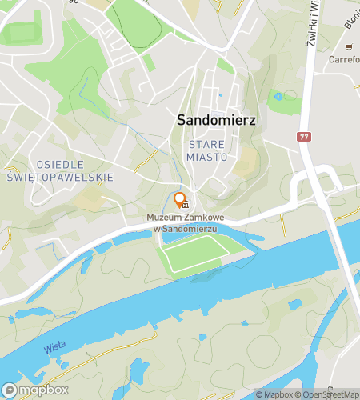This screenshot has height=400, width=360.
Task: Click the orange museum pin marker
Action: coord(180,200)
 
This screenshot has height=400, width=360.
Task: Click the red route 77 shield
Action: coord(303,137)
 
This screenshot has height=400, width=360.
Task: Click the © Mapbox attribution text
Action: coord(275,394)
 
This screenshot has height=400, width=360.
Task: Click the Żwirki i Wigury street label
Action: coord(314,23)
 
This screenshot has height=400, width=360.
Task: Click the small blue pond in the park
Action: coord(278,97)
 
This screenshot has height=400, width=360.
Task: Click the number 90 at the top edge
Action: coord(74,2)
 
